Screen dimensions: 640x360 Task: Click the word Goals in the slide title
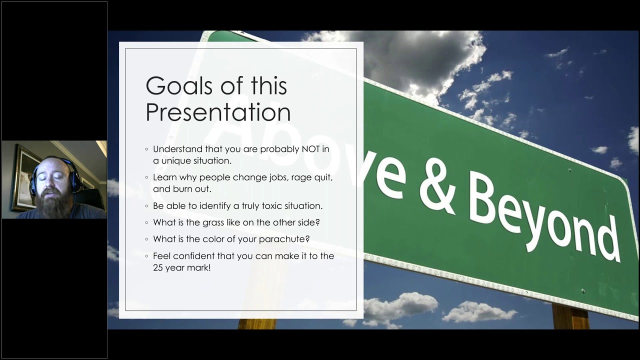pos(180,86)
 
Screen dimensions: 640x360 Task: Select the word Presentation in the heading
pos(218,112)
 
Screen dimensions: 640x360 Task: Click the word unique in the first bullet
pos(176,161)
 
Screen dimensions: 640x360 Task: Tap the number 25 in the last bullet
pos(158,268)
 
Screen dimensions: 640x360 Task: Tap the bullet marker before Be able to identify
pos(147,206)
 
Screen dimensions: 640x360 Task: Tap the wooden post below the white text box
pos(257,323)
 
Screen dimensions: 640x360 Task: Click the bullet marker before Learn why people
pos(147,177)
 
